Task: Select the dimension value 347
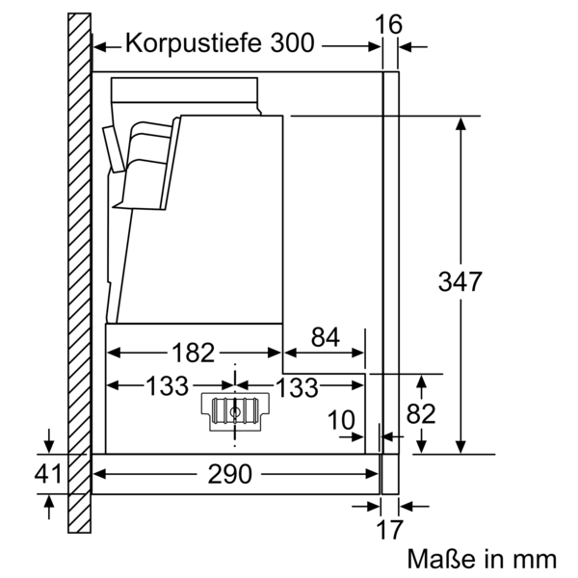click(x=460, y=282)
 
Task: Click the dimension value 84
click(x=326, y=337)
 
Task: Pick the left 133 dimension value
click(x=167, y=387)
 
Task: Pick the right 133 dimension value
click(x=298, y=387)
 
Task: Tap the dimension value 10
click(x=340, y=420)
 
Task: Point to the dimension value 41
click(x=48, y=473)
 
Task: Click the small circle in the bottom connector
click(x=235, y=411)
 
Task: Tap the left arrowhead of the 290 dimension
click(x=98, y=473)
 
